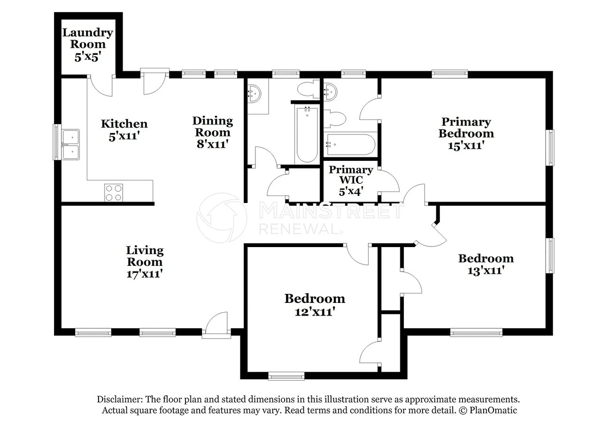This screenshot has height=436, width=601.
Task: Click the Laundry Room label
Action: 88,38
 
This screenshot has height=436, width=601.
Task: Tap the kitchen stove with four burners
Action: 114,193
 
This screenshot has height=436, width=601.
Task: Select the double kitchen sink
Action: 70,144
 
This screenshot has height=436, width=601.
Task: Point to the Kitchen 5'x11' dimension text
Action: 124,136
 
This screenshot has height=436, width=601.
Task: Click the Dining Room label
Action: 213,127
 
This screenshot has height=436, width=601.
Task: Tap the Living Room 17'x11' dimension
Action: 145,274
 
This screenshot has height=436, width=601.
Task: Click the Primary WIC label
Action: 351,174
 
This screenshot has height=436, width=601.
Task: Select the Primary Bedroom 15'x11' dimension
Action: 466,145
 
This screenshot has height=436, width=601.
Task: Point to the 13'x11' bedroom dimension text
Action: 486,271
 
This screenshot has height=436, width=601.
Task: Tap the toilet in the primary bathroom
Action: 335,118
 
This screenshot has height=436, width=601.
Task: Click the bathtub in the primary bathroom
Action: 350,144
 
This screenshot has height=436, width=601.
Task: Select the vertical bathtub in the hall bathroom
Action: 307,135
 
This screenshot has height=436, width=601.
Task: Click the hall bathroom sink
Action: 254,93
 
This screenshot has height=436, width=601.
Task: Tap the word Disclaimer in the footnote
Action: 119,399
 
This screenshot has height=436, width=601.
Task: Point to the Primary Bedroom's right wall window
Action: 550,148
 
